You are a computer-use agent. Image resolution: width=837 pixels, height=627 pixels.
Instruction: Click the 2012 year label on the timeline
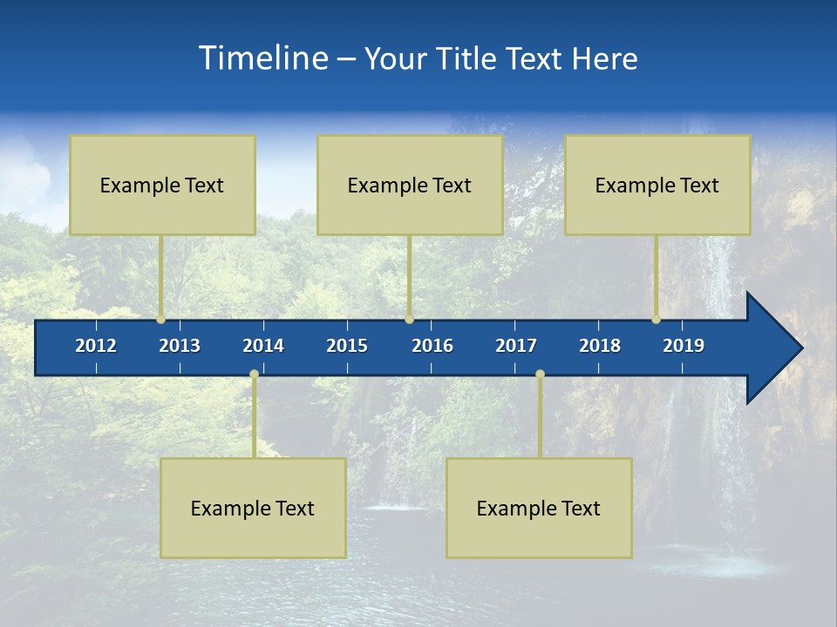(96, 346)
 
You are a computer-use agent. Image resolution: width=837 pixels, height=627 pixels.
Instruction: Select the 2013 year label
(180, 346)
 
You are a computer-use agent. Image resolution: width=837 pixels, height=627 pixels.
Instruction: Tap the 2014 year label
(263, 346)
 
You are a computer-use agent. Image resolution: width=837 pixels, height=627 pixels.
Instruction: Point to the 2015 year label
(347, 346)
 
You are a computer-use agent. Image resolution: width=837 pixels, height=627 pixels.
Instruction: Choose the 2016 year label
(432, 346)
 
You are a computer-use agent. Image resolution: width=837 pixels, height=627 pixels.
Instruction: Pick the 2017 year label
(516, 346)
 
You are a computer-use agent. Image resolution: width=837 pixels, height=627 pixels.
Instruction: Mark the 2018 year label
(600, 346)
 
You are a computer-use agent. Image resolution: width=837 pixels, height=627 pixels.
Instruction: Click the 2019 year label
(684, 346)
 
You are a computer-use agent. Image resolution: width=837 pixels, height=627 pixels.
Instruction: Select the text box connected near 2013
(162, 185)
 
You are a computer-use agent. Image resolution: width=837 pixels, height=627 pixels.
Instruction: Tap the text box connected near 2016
(410, 185)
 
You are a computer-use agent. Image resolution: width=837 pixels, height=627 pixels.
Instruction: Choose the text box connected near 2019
(657, 185)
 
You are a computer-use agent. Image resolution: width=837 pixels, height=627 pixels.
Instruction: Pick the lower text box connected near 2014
(253, 508)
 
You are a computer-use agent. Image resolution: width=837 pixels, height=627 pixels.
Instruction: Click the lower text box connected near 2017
(539, 508)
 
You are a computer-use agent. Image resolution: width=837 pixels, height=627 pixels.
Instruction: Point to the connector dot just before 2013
(160, 320)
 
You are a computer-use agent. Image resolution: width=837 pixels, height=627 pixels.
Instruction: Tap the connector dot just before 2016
(409, 320)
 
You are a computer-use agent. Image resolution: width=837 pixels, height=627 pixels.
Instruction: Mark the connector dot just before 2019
(656, 320)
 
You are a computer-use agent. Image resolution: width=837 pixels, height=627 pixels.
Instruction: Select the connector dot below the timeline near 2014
(254, 374)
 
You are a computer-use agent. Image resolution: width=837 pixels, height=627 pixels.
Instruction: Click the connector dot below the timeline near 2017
(540, 374)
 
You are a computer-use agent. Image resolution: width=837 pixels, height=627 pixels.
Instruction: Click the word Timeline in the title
(262, 57)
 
